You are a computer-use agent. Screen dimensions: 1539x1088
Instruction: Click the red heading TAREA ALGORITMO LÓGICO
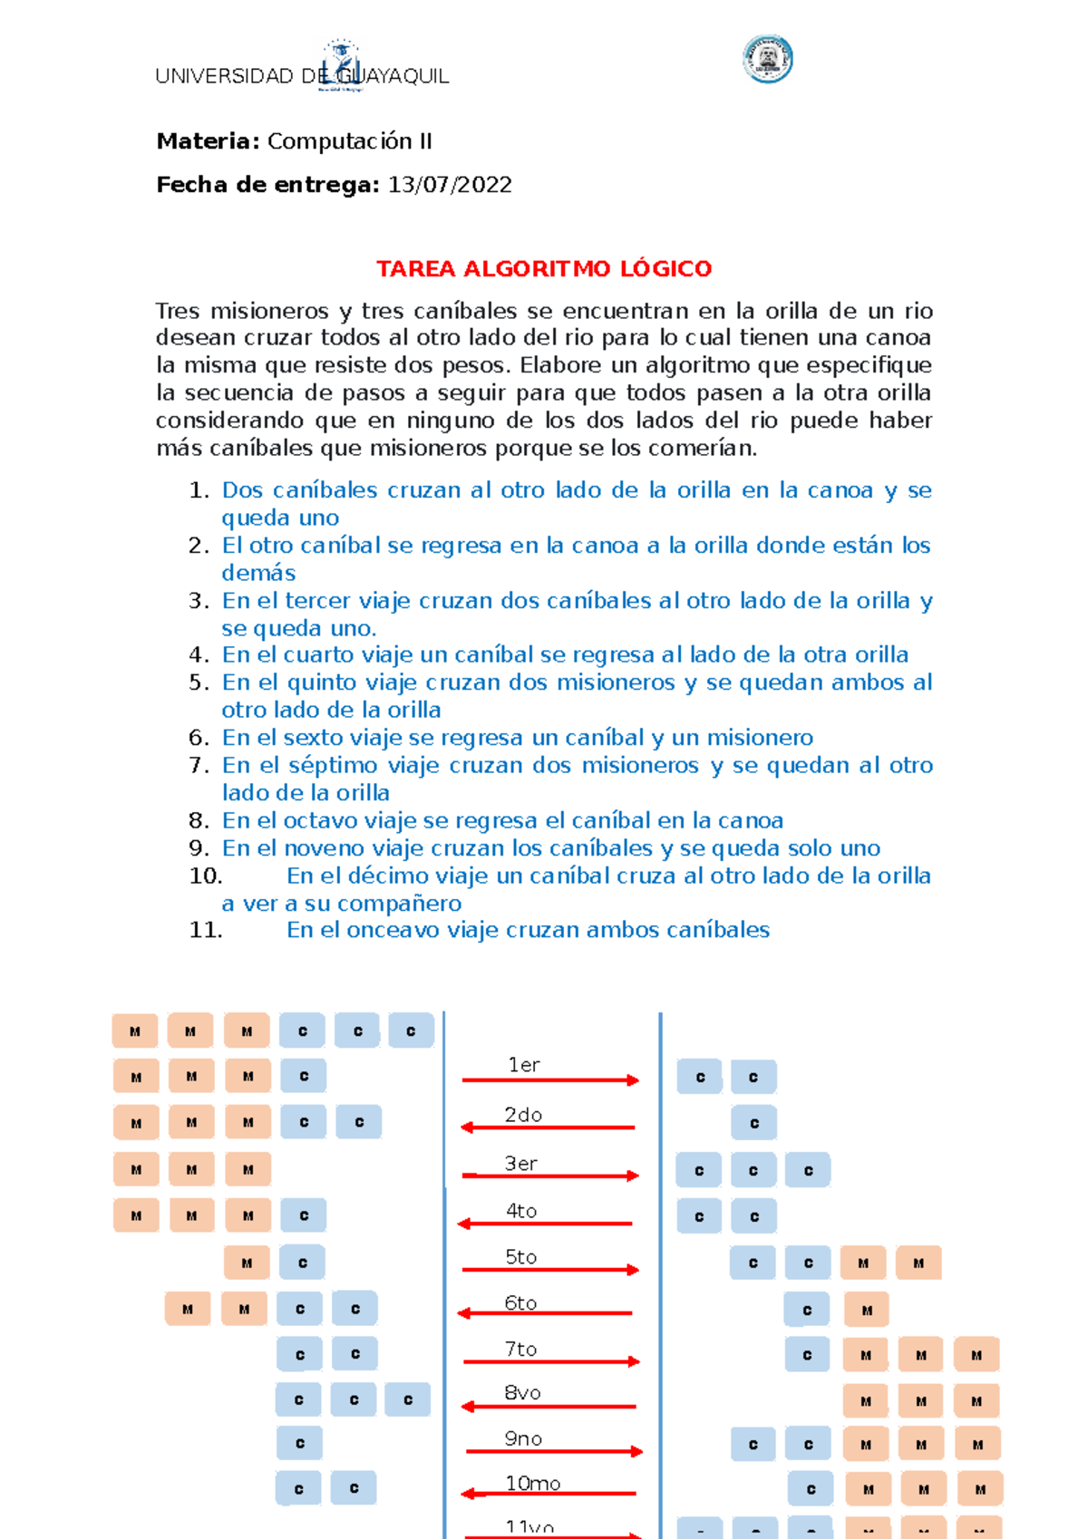544,269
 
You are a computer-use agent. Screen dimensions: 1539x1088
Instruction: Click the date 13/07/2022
450,185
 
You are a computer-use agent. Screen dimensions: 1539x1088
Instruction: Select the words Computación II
349,141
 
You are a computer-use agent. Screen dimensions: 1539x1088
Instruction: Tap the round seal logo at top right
767,60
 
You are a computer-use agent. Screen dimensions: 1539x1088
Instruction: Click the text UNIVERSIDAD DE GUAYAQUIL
302,76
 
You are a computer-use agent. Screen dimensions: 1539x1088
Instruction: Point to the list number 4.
199,655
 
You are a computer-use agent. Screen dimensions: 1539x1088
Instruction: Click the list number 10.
205,876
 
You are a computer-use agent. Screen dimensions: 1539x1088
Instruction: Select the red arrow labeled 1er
549,1080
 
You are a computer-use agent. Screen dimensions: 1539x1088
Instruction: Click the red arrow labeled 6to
546,1312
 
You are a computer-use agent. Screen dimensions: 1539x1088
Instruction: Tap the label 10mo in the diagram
532,1484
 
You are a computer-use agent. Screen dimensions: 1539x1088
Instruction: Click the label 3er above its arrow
521,1164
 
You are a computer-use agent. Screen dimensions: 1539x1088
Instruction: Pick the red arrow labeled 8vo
549,1407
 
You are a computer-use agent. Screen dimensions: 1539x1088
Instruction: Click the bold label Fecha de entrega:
267,185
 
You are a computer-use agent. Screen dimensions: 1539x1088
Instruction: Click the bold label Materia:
209,141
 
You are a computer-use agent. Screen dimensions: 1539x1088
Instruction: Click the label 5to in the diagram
521,1257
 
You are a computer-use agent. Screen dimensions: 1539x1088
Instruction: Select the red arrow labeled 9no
553,1451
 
